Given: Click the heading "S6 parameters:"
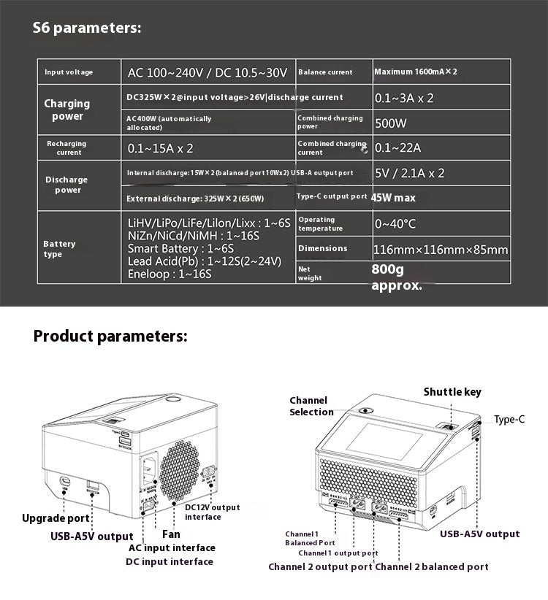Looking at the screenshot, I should coord(87,28).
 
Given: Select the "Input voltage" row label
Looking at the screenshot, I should coord(69,72).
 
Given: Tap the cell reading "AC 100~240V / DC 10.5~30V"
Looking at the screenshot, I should coord(208,72).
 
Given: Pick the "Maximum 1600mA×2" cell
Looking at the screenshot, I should coord(415,72).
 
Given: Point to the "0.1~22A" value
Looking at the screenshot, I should coord(397,148).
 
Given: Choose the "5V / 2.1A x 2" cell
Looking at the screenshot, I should coord(409,174).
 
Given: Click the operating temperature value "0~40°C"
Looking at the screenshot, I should coord(395,224).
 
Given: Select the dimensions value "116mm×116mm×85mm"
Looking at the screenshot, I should coord(440,250).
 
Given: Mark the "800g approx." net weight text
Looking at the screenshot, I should coord(397,277).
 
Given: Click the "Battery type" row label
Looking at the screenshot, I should coord(59,249).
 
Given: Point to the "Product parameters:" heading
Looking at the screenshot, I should coord(110,336).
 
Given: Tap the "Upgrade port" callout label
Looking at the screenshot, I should coord(56,518).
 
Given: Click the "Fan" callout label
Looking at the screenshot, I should coord(171,534).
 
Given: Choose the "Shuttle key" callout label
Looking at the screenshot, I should coord(452,392).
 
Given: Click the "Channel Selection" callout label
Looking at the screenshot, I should coord(311,406).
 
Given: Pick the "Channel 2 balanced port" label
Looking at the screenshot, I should coord(432,566).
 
